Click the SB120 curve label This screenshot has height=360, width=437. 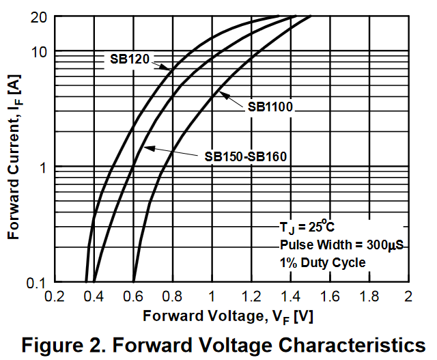coord(130,59)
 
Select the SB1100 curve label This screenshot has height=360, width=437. coord(270,107)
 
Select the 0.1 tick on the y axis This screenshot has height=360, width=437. coord(35,283)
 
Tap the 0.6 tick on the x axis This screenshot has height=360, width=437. coord(132,297)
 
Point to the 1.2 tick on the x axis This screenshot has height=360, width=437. coord(251,297)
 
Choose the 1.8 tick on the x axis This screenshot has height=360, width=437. coord(369,297)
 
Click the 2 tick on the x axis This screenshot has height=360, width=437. coord(408,297)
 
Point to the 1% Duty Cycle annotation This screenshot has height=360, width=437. coord(322,262)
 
